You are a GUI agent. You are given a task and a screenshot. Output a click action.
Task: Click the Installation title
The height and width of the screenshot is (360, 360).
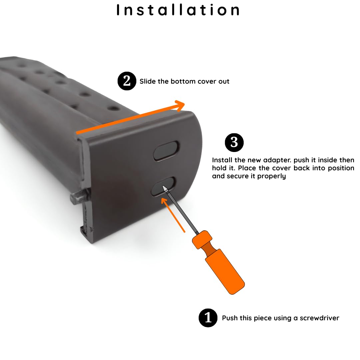(x=178, y=10)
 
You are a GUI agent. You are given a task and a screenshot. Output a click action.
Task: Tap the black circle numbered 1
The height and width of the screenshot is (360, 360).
(x=208, y=318)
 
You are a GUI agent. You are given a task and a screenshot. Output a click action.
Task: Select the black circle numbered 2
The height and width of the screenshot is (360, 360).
(x=127, y=81)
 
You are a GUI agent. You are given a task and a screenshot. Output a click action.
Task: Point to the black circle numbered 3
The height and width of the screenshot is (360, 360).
(x=234, y=142)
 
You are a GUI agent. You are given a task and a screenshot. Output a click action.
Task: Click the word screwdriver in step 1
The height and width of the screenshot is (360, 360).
(x=319, y=318)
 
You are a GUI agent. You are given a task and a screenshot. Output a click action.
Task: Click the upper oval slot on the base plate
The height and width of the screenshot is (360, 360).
(x=166, y=151)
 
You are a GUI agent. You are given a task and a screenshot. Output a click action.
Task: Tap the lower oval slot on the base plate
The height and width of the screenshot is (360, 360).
(x=162, y=186)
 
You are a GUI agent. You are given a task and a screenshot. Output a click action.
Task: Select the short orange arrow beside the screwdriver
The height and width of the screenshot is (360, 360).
(x=173, y=215)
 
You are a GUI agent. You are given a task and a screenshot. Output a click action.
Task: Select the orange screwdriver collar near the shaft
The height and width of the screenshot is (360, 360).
(x=202, y=240)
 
